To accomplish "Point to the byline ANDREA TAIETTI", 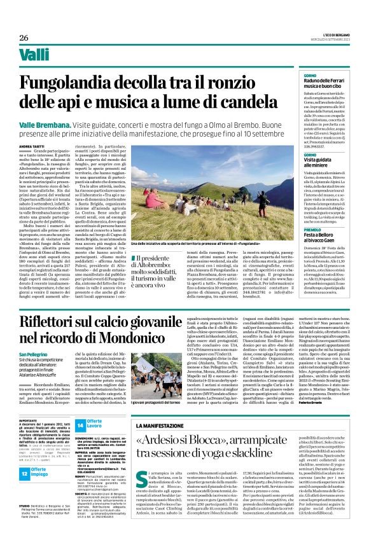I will pyautogui.click(x=32, y=146).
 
